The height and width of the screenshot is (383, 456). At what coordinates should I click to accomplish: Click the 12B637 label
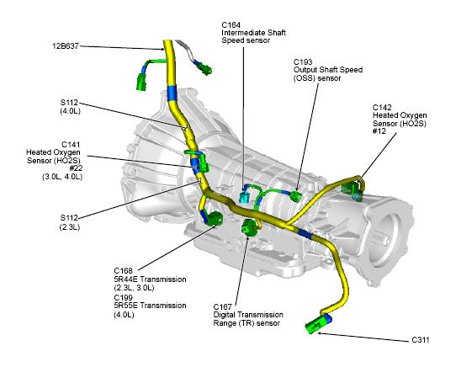[x=66, y=46]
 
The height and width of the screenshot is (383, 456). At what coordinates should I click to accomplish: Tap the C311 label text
[x=421, y=340]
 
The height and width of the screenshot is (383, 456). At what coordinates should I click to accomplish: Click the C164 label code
[x=231, y=25]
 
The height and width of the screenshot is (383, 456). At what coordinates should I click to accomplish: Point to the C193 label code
[x=303, y=62]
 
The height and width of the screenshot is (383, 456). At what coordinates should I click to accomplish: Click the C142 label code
[x=382, y=108]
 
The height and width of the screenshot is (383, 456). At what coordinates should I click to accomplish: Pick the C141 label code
[x=71, y=145]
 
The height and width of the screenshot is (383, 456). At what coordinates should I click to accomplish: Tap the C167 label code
[x=222, y=307]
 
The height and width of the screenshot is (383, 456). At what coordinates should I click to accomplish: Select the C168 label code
[x=123, y=271]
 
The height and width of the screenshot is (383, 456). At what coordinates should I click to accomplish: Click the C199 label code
[x=123, y=297]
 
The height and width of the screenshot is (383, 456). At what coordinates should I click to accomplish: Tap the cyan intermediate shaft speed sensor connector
[x=243, y=197]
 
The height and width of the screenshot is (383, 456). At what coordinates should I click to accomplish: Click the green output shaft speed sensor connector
[x=296, y=196]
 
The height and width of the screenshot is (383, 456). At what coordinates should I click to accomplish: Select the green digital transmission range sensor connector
[x=248, y=226]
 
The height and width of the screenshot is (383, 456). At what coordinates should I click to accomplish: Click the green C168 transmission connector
[x=215, y=218]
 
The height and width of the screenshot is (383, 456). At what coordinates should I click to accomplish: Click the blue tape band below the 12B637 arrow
[x=172, y=93]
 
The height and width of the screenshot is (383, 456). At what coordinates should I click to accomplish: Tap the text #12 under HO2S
[x=379, y=131]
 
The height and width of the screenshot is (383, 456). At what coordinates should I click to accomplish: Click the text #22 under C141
[x=76, y=168]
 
